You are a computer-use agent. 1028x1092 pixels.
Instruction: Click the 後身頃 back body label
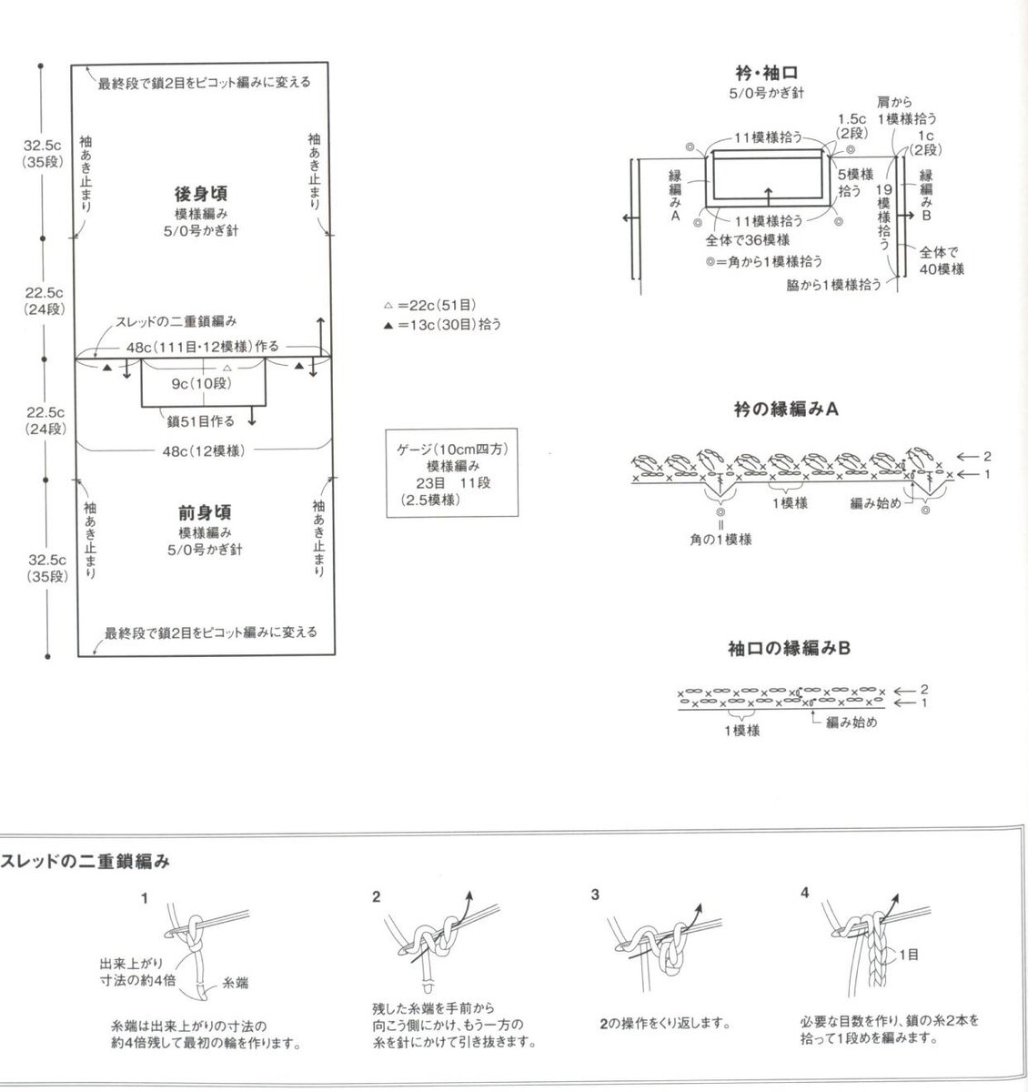point(201,194)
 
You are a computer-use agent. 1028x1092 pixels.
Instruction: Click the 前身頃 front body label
point(205,512)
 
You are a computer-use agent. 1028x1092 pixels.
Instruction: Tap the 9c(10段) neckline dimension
point(202,384)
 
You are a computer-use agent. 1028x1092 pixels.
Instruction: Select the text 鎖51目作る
point(201,421)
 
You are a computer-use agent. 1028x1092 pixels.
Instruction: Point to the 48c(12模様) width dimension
point(204,451)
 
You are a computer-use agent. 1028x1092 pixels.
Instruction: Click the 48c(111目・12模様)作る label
point(203,347)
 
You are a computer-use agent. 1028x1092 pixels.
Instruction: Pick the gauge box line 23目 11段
point(454,483)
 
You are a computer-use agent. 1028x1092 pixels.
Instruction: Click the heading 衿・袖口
point(767,73)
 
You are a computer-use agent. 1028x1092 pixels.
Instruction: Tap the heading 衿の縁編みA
point(786,409)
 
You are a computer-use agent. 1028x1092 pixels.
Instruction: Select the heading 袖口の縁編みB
point(789,649)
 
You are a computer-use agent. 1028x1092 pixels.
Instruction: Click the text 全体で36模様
point(748,240)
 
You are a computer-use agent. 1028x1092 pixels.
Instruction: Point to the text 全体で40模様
point(942,260)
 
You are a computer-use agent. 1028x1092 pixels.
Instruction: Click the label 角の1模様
point(721,540)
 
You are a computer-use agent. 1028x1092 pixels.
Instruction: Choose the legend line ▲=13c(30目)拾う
point(442,324)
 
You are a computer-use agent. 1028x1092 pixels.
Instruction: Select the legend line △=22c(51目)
point(429,305)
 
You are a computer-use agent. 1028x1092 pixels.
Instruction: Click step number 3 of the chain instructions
point(595,895)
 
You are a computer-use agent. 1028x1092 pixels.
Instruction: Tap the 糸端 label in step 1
point(236,983)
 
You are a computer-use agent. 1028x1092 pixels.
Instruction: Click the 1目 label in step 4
point(909,955)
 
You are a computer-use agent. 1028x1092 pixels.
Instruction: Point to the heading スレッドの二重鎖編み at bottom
point(85,862)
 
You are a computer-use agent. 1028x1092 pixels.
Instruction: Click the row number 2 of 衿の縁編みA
point(987,457)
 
